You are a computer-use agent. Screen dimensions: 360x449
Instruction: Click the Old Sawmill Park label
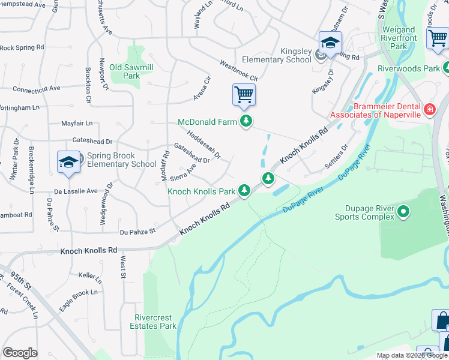click(x=124, y=71)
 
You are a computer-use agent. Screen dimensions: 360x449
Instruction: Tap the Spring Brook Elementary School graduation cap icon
click(x=69, y=162)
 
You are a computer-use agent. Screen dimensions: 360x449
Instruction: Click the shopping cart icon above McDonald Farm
click(x=244, y=94)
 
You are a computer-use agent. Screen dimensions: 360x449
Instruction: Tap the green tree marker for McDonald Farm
click(x=246, y=122)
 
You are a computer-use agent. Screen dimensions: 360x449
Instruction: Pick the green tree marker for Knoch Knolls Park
click(x=244, y=191)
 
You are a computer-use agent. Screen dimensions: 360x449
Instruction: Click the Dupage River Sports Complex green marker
click(x=403, y=211)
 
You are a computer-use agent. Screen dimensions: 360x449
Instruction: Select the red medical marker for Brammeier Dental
click(x=429, y=109)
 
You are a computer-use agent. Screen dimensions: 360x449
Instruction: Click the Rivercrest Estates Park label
click(x=153, y=322)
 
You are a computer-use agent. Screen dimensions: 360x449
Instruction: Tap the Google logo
click(x=20, y=353)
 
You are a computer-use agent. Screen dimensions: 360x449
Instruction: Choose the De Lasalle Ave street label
click(x=76, y=191)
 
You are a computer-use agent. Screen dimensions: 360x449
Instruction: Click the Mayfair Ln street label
click(x=77, y=123)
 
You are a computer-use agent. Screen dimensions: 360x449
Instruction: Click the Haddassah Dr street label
click(x=204, y=144)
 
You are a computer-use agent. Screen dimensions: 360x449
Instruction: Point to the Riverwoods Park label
click(x=409, y=68)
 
